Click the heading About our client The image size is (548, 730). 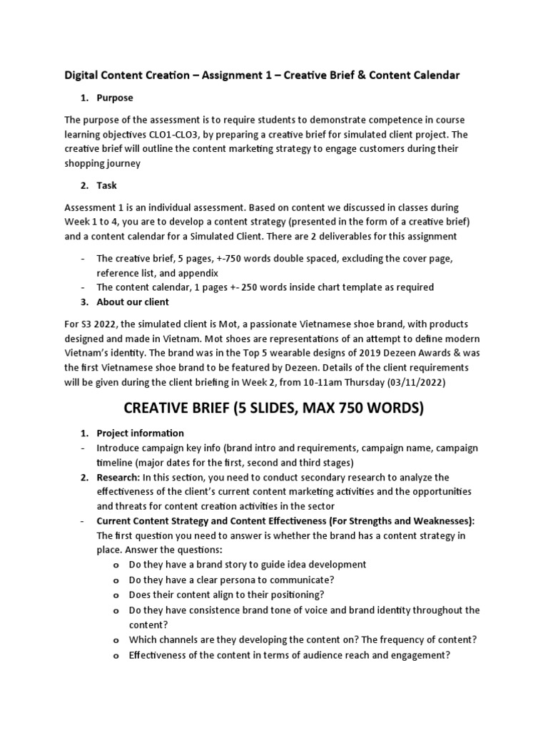pyautogui.click(x=133, y=302)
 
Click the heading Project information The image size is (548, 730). pyautogui.click(x=141, y=433)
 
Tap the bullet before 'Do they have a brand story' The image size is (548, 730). pyautogui.click(x=116, y=565)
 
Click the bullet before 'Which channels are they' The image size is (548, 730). pyautogui.click(x=116, y=639)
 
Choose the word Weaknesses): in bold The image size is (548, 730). pyautogui.click(x=442, y=521)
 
